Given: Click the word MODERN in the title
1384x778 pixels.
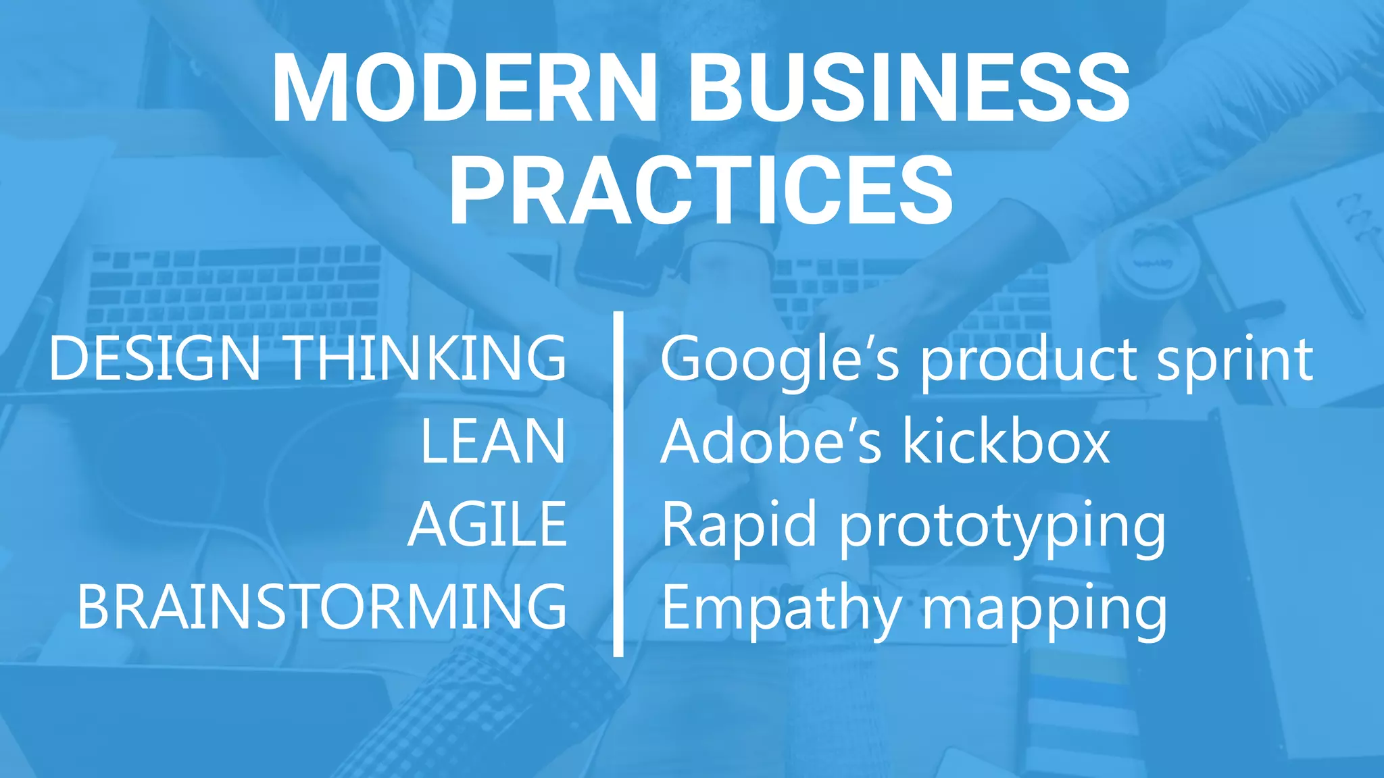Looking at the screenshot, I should click(465, 88).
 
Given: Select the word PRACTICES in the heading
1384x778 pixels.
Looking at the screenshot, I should click(701, 190).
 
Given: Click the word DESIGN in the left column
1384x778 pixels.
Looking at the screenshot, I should click(155, 359).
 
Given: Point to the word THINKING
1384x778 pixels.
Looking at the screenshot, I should click(427, 359).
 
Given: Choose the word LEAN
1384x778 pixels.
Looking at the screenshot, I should click(493, 442).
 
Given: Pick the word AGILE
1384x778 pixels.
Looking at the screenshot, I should click(487, 525).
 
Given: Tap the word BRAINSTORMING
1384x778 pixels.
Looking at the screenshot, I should click(322, 607).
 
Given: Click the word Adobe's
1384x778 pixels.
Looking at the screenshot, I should click(771, 442).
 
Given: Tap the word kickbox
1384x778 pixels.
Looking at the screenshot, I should click(1006, 442).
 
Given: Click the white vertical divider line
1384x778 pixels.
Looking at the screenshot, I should click(618, 483).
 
